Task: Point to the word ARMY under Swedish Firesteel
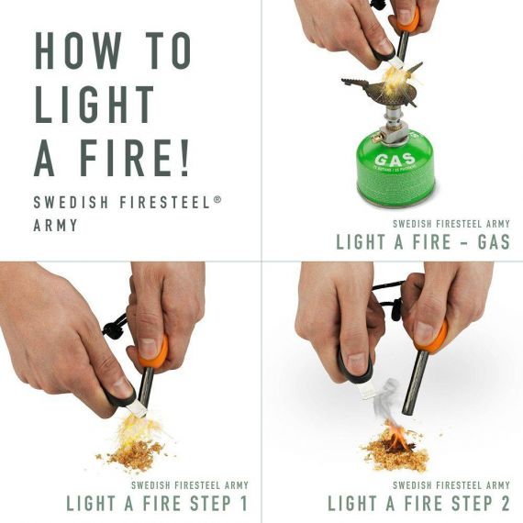tap(55, 225)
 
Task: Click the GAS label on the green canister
tap(388, 161)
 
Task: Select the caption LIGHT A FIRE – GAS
tap(423, 242)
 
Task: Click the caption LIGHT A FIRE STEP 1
tap(157, 503)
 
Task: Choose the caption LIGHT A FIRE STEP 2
tap(418, 503)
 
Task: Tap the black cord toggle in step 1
tap(117, 325)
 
